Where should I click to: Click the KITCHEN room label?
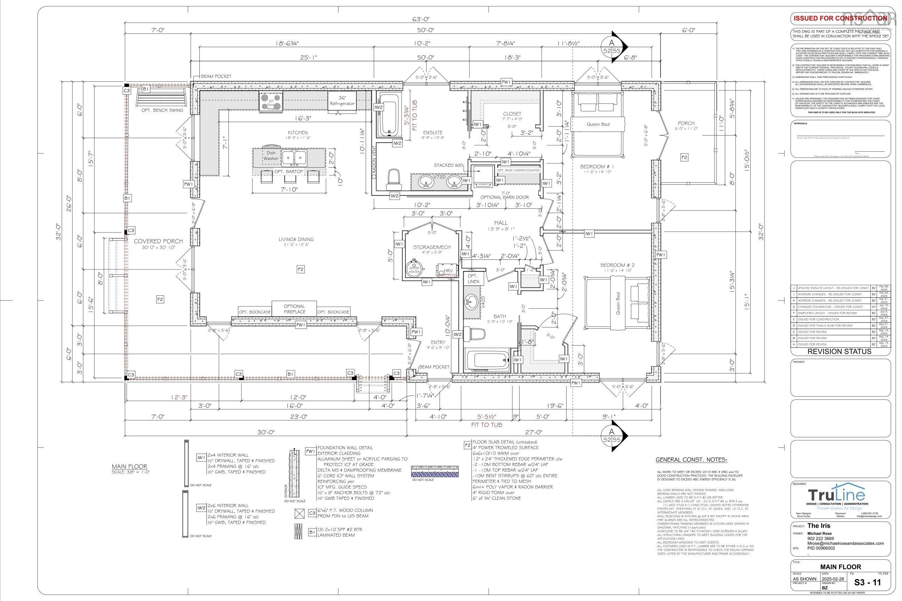298,133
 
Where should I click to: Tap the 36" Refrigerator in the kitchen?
342,101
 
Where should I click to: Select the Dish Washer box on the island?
271,155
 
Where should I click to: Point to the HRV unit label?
448,271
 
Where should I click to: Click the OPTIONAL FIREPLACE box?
294,309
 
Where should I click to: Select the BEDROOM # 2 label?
617,265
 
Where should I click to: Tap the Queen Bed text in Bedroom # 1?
598,124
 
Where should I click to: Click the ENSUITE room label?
433,133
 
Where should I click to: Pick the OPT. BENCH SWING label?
162,110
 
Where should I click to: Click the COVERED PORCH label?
158,241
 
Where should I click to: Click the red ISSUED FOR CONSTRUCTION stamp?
840,18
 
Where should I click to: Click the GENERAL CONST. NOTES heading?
691,460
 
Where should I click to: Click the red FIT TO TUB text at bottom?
486,425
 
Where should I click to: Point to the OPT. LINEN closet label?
473,279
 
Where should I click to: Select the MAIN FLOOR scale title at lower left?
129,466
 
